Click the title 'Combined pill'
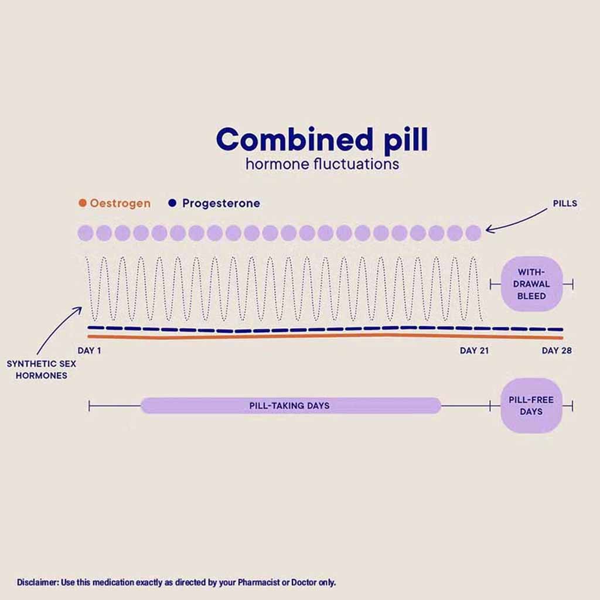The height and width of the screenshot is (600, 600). [322, 140]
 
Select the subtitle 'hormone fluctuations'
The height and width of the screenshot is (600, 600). [322, 164]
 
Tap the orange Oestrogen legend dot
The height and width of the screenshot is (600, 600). [82, 203]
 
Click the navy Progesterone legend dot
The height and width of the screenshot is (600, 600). [172, 203]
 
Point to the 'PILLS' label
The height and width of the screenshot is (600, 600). [565, 203]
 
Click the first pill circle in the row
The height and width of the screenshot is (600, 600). [86, 233]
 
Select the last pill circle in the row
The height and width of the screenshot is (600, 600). [473, 233]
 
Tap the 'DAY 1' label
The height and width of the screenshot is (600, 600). [89, 350]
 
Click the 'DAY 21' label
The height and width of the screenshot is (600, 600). [474, 350]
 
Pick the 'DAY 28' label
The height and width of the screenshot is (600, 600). [557, 350]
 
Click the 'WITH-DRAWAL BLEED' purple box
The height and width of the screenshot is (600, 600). [531, 284]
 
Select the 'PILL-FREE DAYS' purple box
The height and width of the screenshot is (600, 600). [531, 405]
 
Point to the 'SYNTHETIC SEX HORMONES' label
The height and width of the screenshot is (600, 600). [42, 370]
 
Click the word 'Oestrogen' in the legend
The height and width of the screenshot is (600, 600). [120, 203]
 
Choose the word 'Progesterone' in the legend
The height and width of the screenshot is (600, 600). [221, 203]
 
